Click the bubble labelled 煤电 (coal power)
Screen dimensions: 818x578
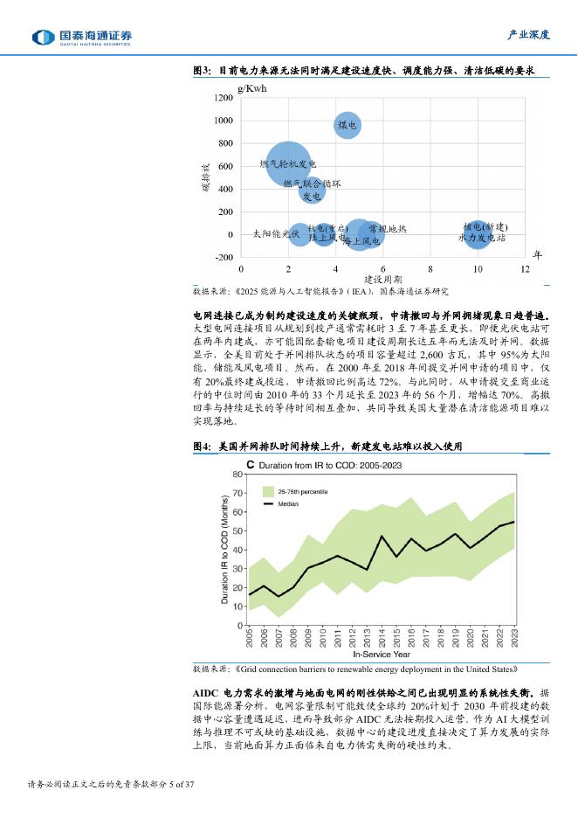347,125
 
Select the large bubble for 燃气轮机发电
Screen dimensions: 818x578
287,163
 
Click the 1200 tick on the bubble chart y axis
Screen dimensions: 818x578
224,98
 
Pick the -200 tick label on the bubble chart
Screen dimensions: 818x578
223,257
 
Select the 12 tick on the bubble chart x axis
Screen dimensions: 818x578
526,270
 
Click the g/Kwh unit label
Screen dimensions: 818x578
252,88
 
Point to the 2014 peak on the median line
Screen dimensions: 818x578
382,536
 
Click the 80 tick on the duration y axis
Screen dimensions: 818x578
238,474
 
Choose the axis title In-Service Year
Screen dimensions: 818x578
381,653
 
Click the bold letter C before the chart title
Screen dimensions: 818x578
251,465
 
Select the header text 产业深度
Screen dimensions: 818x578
529,35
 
